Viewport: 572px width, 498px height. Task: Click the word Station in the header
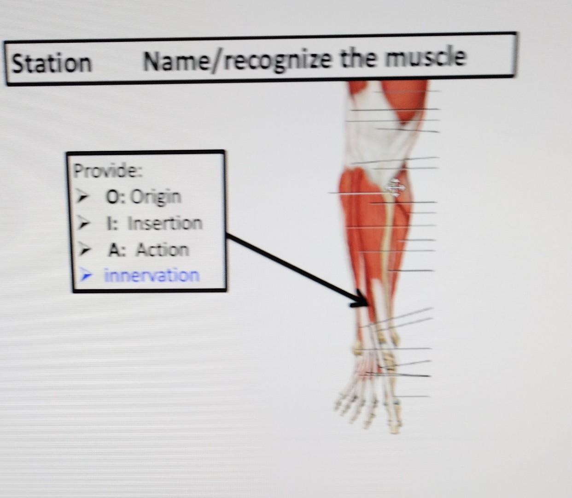52,63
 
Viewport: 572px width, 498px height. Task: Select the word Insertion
164,223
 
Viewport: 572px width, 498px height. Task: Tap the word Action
162,249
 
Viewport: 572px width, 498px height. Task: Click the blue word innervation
152,275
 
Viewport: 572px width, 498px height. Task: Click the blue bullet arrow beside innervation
86,276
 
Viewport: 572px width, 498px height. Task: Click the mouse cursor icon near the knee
395,188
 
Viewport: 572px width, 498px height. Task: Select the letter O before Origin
112,197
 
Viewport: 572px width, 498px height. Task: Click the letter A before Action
114,249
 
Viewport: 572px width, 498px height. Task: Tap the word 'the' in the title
357,59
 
